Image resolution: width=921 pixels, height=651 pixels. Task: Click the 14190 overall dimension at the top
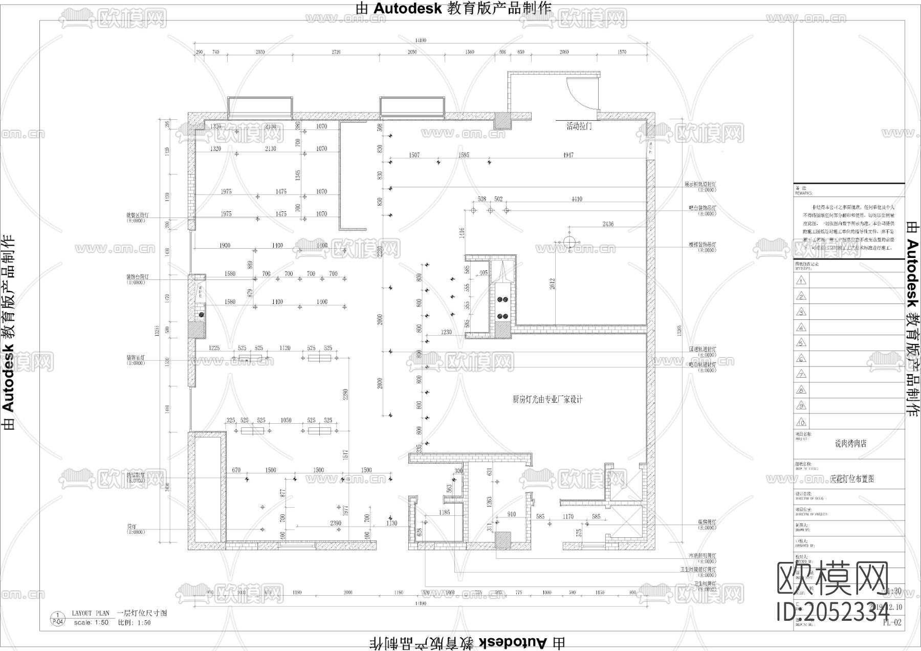pyautogui.click(x=421, y=40)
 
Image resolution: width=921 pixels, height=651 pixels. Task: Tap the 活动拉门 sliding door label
pyautogui.click(x=579, y=126)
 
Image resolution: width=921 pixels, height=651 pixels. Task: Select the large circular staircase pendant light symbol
pyautogui.click(x=569, y=241)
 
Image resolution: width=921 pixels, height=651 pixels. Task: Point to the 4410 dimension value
pyautogui.click(x=577, y=199)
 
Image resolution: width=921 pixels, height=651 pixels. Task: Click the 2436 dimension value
pyautogui.click(x=608, y=224)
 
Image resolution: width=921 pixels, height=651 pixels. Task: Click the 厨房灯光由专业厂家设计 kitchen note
pyautogui.click(x=547, y=400)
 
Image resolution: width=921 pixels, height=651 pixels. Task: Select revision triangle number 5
pyautogui.click(x=801, y=343)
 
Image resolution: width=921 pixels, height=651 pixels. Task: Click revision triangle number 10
pyautogui.click(x=801, y=422)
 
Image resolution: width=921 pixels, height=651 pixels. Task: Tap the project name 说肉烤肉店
pyautogui.click(x=850, y=444)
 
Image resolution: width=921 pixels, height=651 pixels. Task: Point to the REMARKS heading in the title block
pyautogui.click(x=803, y=193)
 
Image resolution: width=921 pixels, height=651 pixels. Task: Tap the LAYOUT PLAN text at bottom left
pyautogui.click(x=91, y=613)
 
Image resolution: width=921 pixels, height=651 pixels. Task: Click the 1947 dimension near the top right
pyautogui.click(x=568, y=155)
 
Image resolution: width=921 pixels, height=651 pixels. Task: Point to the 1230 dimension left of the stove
pyautogui.click(x=446, y=333)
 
